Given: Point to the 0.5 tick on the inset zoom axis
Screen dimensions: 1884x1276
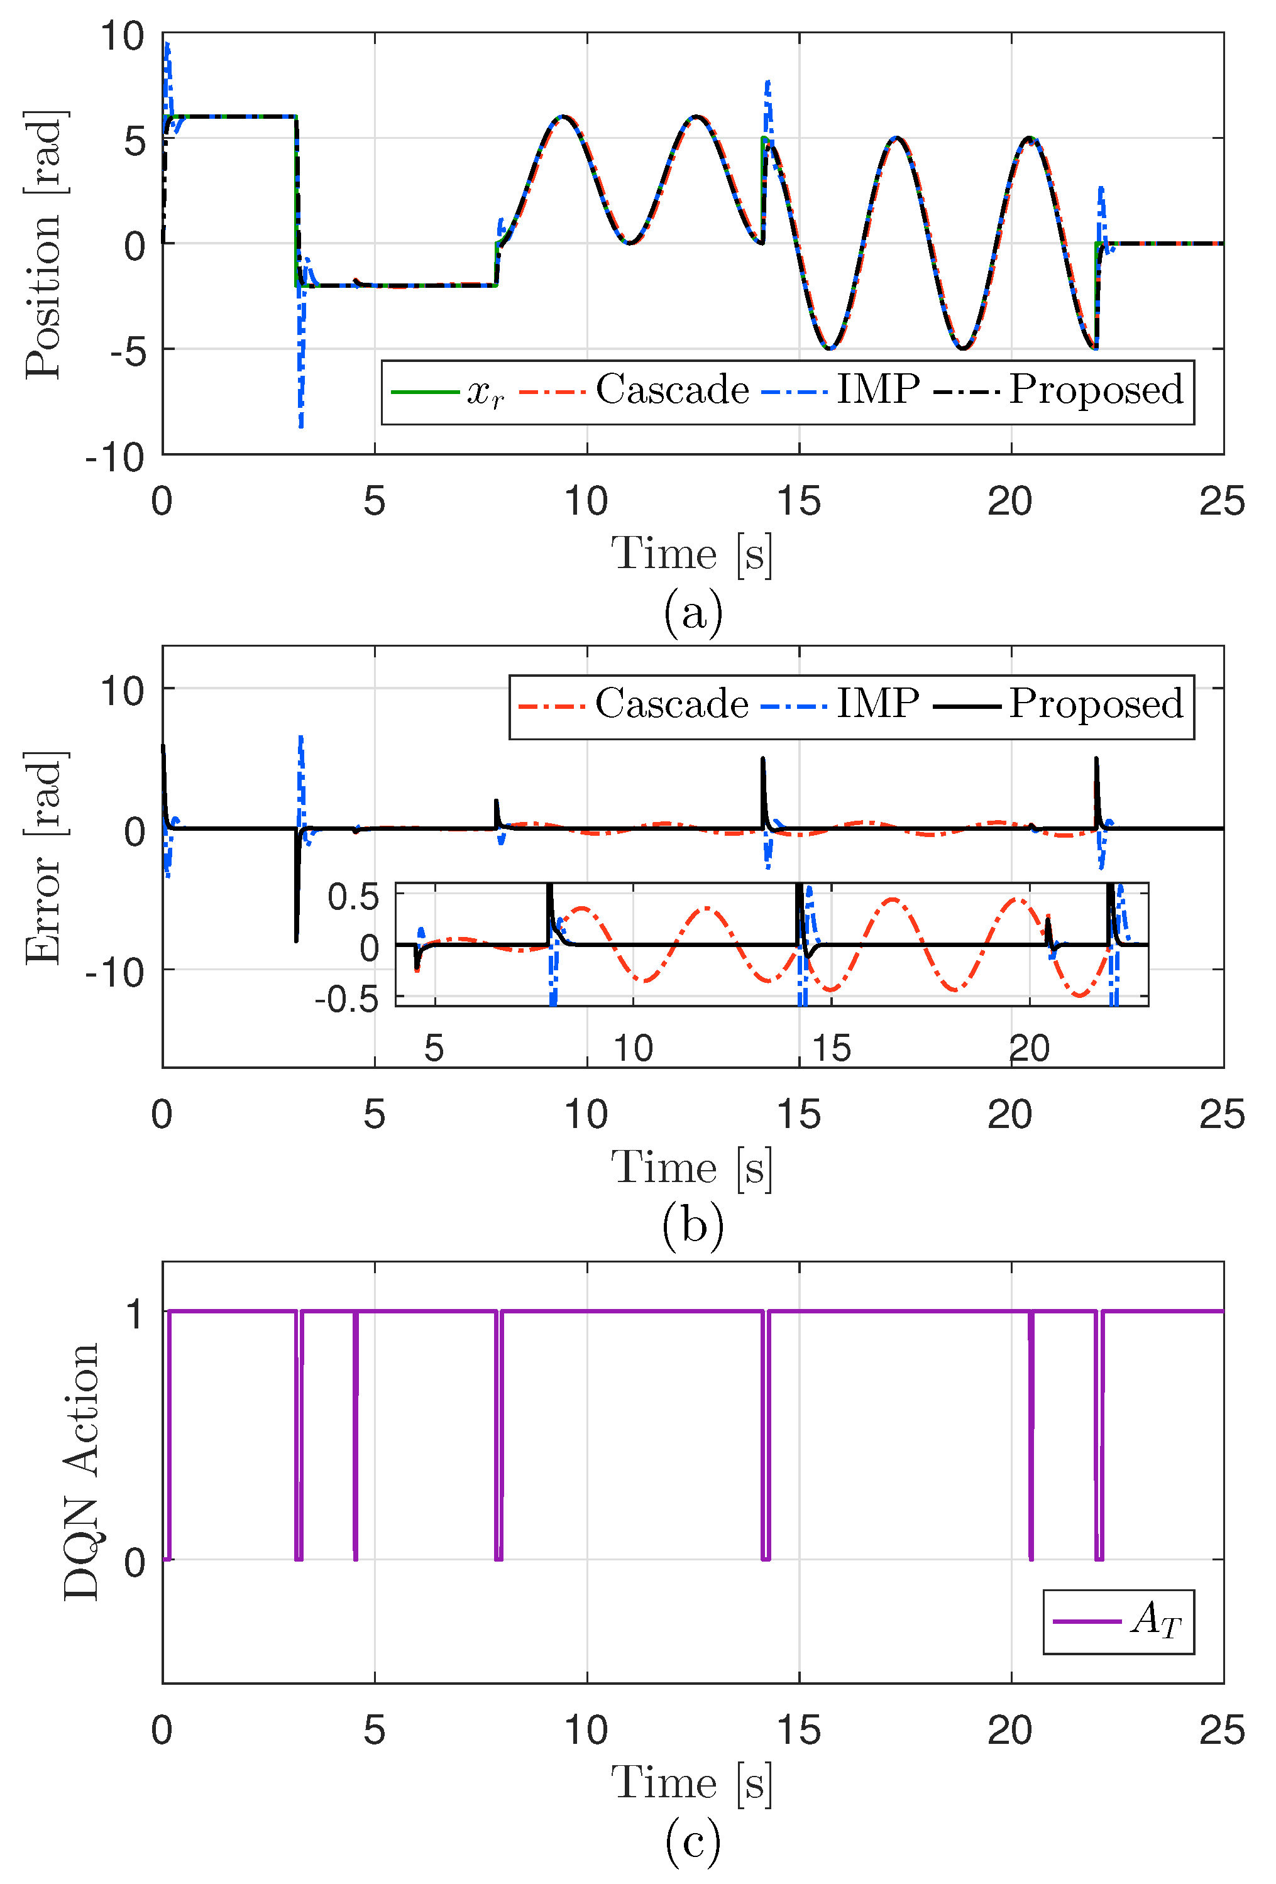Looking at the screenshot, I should [x=353, y=897].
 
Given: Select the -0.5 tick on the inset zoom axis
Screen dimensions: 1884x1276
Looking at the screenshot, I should [x=347, y=1000].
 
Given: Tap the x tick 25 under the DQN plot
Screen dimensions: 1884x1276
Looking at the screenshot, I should [x=1222, y=1731].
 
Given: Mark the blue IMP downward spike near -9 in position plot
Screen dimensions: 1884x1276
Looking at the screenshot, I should [x=300, y=417].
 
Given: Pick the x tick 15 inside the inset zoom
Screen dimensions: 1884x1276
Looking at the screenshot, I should [x=831, y=1049].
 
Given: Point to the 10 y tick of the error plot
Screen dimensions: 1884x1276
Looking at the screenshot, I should [x=121, y=691].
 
